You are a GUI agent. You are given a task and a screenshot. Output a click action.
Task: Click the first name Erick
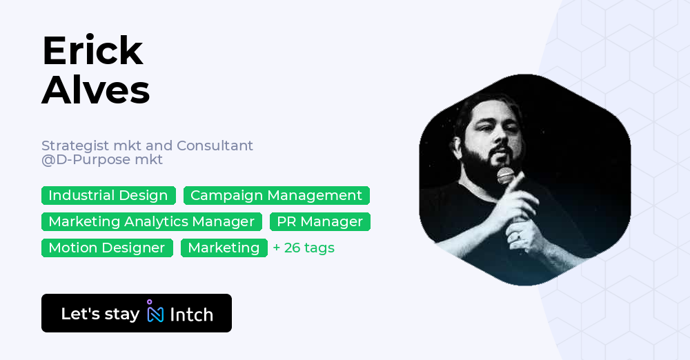click(x=92, y=51)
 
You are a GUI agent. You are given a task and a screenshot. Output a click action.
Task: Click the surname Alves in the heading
click(x=95, y=90)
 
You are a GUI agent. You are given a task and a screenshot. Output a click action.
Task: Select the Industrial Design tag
click(x=108, y=196)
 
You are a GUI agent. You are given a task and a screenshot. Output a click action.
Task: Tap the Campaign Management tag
click(x=276, y=196)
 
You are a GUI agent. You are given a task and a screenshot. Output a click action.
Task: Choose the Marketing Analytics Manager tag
click(x=151, y=222)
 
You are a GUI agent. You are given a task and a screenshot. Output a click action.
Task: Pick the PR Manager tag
click(x=319, y=222)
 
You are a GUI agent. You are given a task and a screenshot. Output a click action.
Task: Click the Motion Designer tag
click(x=107, y=248)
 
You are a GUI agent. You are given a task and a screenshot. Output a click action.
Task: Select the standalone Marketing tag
click(x=224, y=248)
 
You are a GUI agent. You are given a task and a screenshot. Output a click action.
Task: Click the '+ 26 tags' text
click(x=304, y=248)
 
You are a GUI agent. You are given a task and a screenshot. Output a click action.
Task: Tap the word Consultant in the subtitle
click(x=215, y=146)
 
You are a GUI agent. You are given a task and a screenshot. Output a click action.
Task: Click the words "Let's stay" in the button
click(x=100, y=314)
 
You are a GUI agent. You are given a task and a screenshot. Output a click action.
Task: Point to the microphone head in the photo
click(x=506, y=175)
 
